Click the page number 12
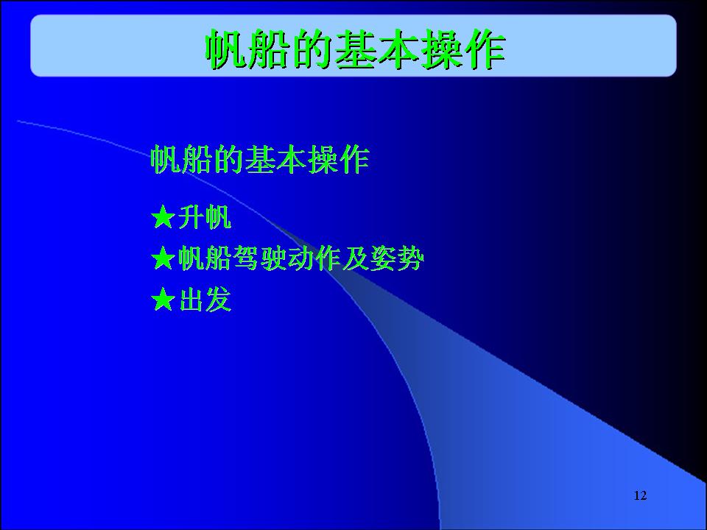point(640,495)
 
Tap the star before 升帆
point(163,216)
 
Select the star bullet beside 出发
point(163,300)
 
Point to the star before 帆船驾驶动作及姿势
point(163,258)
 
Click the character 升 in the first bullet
point(191,217)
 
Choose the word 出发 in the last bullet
point(205,300)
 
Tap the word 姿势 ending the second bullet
point(397,258)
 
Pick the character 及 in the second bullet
point(355,258)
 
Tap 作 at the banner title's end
point(485,49)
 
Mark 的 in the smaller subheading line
point(228,159)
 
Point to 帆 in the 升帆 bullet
point(218,217)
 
